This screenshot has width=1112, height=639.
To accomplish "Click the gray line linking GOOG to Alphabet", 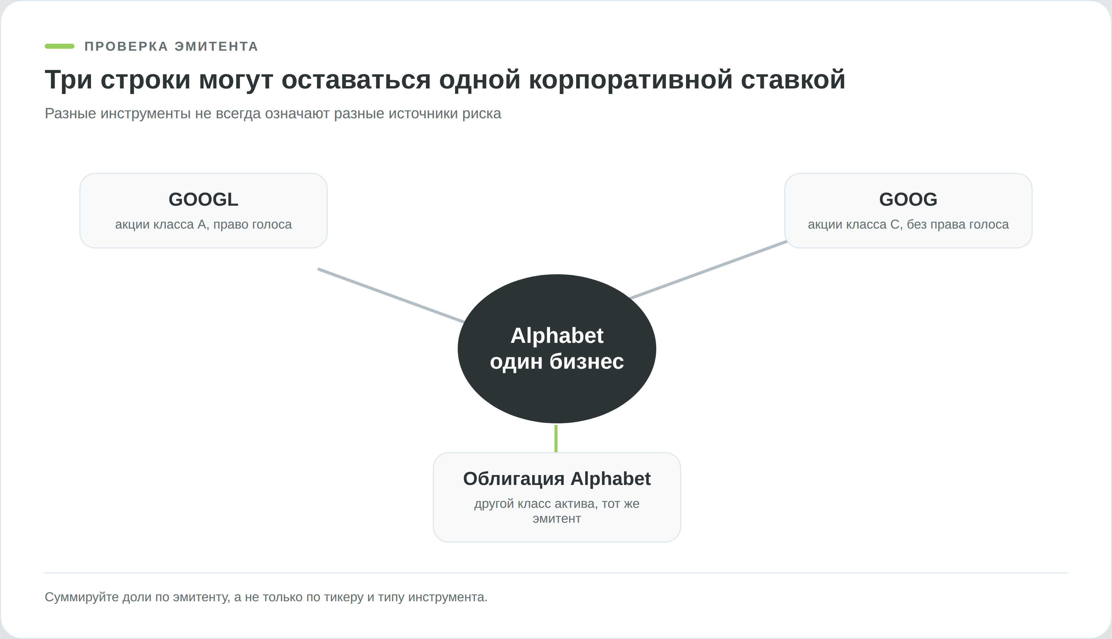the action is (709, 269).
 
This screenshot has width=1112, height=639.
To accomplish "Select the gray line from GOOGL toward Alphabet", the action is (391, 295).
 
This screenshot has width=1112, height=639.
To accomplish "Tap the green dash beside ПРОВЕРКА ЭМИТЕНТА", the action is (60, 46).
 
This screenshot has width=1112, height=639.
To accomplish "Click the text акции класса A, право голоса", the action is (204, 224).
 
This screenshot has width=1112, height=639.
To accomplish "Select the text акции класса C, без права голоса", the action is (908, 224).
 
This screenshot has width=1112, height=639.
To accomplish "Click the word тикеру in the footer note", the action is (344, 597).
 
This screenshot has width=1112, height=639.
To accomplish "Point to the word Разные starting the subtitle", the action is (70, 114).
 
